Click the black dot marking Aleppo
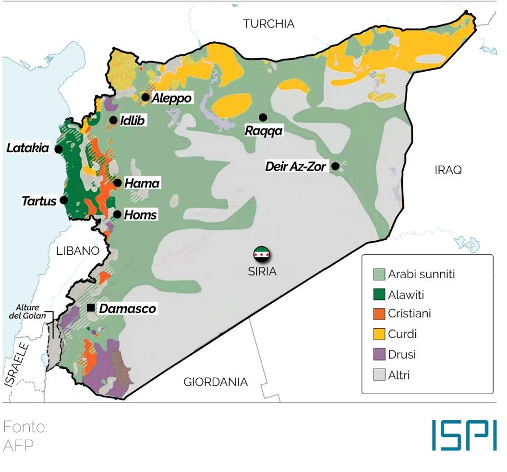tap(145, 98)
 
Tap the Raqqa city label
tap(264, 131)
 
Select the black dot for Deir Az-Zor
tap(336, 166)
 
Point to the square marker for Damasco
tap(91, 307)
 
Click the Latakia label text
tap(28, 148)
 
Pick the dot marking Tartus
tap(63, 200)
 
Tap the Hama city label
tap(142, 183)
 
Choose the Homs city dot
tap(117, 214)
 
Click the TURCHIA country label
tap(268, 24)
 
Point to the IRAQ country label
tap(447, 170)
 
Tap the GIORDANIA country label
tap(216, 382)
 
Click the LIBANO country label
tap(77, 250)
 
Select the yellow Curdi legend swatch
tap(379, 334)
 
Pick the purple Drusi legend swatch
tap(379, 355)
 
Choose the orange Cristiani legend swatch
tap(379, 314)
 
